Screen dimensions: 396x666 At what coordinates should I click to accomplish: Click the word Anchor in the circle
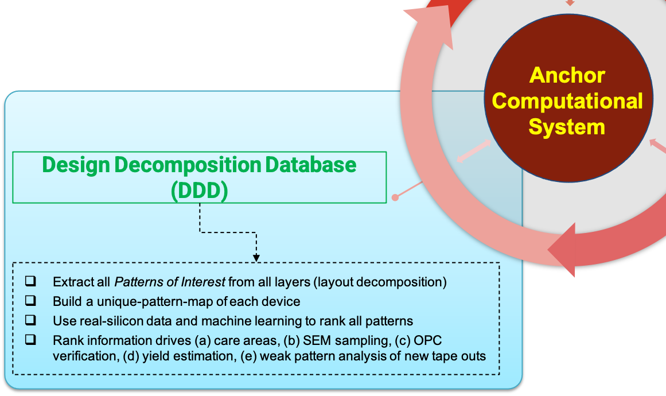click(x=567, y=75)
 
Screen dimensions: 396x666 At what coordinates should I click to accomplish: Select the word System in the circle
click(x=567, y=126)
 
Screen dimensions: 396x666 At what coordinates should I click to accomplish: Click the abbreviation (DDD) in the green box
click(x=199, y=191)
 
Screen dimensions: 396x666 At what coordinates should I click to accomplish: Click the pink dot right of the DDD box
click(x=395, y=197)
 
